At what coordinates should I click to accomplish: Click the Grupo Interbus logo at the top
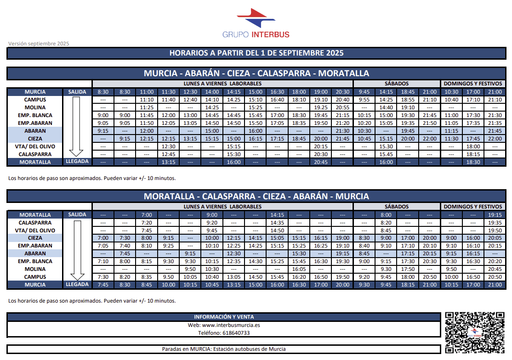pyautogui.click(x=256, y=23)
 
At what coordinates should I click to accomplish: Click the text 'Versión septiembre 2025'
pyautogui.click(x=39, y=44)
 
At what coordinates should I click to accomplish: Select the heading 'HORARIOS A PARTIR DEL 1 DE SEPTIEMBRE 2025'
pyautogui.click(x=256, y=53)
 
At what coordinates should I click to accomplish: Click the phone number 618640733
pyautogui.click(x=224, y=333)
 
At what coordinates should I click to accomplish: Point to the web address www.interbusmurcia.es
pyautogui.click(x=224, y=325)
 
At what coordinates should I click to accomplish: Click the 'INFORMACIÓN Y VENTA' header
pyautogui.click(x=224, y=317)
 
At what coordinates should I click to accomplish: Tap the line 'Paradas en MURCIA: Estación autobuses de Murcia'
pyautogui.click(x=224, y=349)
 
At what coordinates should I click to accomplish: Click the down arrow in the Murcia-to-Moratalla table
pyautogui.click(x=77, y=127)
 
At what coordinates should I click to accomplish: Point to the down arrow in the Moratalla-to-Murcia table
pyautogui.click(x=77, y=250)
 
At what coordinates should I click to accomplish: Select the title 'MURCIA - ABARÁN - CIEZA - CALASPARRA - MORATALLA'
pyautogui.click(x=256, y=73)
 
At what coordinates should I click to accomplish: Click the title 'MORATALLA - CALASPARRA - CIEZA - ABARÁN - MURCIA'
pyautogui.click(x=256, y=197)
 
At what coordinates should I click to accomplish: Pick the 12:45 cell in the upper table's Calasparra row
pyautogui.click(x=168, y=154)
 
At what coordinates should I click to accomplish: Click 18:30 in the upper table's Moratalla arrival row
pyautogui.click(x=473, y=162)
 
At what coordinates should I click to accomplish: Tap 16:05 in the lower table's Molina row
pyautogui.click(x=299, y=269)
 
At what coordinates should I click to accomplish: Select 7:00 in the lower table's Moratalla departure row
pyautogui.click(x=146, y=215)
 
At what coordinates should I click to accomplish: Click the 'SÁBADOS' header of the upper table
pyautogui.click(x=397, y=84)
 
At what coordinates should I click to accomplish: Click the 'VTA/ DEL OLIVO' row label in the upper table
pyautogui.click(x=35, y=146)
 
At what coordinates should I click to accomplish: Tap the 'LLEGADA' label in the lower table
pyautogui.click(x=77, y=285)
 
